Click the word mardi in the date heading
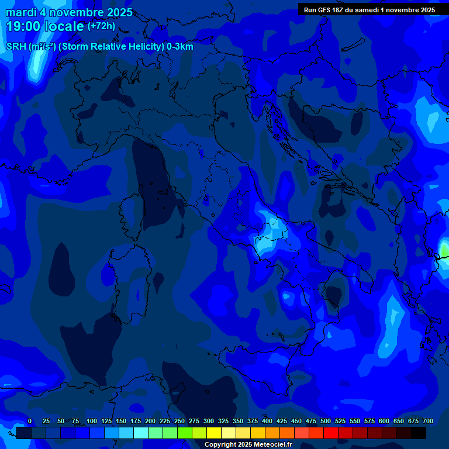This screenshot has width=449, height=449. click(20, 13)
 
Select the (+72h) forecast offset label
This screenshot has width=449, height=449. click(101, 26)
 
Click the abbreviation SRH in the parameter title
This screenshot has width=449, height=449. click(16, 47)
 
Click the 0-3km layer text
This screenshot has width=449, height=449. click(179, 47)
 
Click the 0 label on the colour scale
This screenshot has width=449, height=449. click(30, 421)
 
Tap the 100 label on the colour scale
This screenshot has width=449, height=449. click(92, 421)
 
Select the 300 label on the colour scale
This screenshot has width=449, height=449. click(209, 421)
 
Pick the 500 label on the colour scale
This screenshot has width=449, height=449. click(326, 421)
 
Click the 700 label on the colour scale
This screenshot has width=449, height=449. click(428, 421)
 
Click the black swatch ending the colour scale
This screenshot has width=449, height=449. click(419, 433)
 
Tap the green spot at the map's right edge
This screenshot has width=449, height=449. click(445, 251)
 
